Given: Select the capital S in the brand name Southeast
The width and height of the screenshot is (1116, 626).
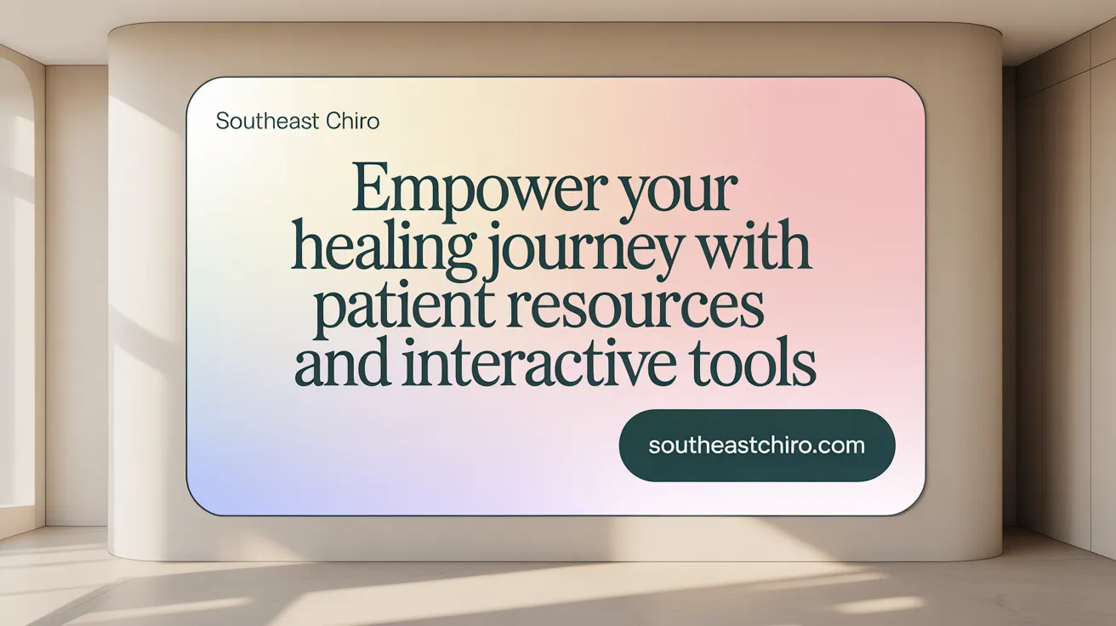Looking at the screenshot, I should (222, 121).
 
